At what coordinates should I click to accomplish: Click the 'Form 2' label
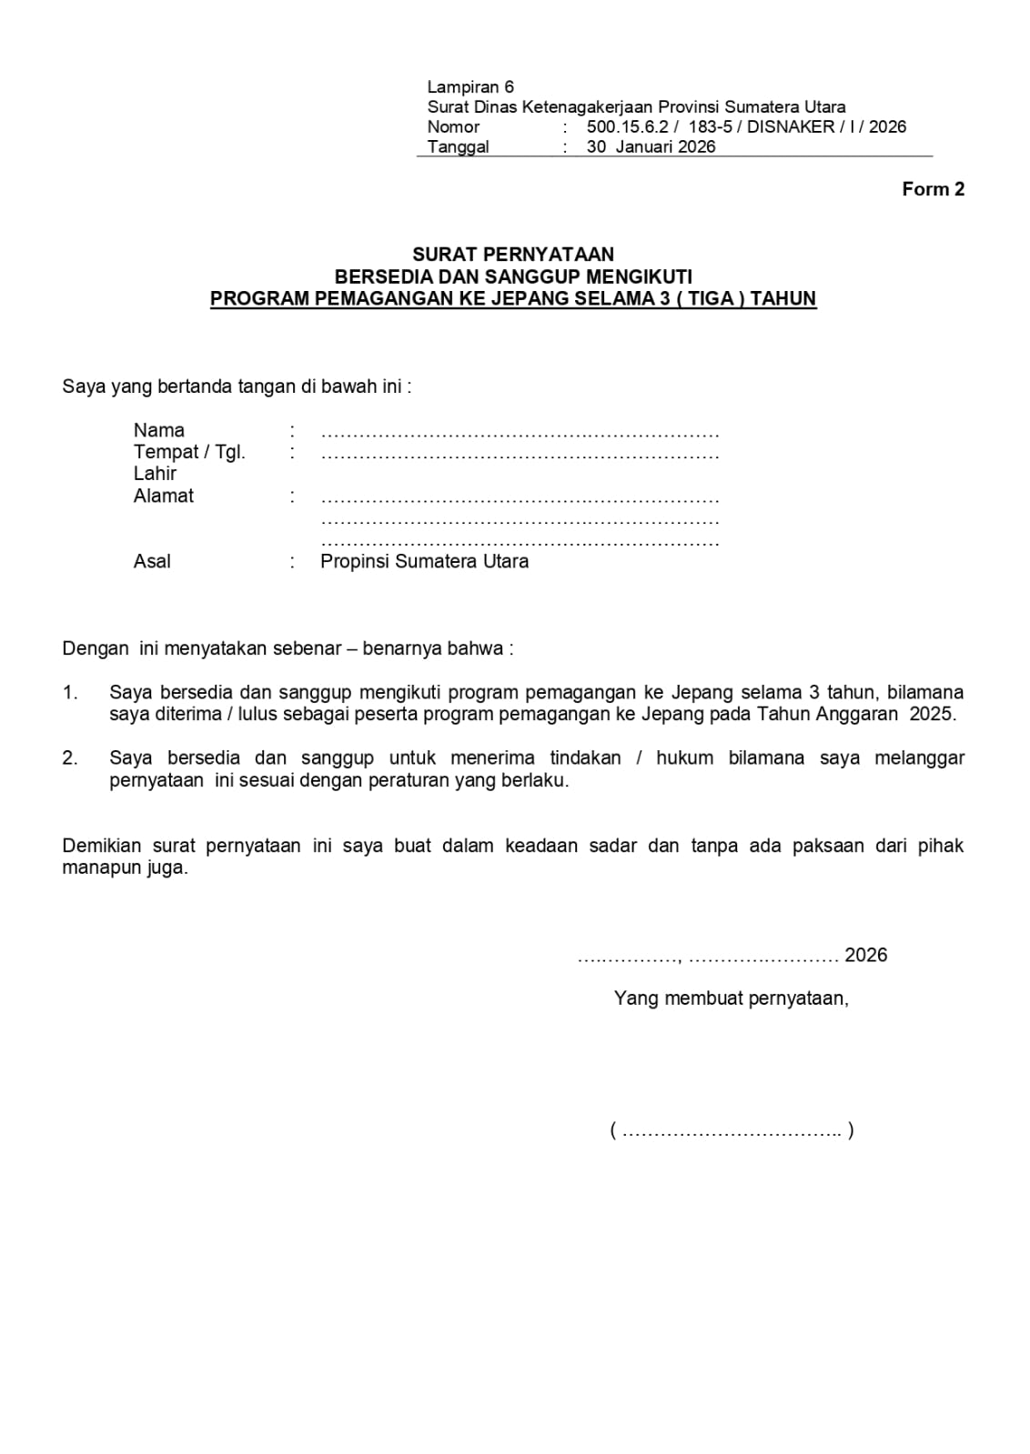coord(933,189)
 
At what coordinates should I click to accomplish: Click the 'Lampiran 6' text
coord(470,87)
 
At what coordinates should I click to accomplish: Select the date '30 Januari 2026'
coord(651,146)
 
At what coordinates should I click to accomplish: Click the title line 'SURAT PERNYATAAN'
coord(513,255)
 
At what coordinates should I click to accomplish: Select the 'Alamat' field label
coord(164,496)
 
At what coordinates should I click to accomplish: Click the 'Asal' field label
coord(152,561)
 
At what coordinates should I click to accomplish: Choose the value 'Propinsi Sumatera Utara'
coord(424,561)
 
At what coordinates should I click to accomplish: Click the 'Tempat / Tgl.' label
coord(189,452)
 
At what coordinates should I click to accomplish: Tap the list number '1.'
coord(70,693)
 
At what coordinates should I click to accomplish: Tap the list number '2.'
coord(70,758)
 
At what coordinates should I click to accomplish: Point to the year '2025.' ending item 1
coord(932,714)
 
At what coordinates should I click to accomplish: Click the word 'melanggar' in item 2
coord(919,758)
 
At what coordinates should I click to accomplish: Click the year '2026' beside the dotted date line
coord(865,955)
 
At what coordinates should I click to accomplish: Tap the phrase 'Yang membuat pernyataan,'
coord(731,998)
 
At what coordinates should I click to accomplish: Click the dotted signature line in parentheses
coord(732,1131)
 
